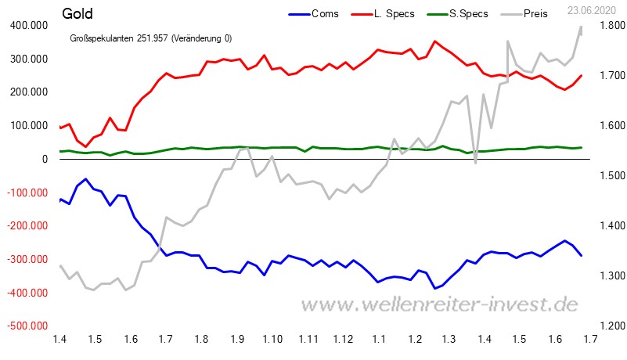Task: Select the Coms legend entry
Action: tap(325, 13)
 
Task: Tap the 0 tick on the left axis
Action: tap(45, 159)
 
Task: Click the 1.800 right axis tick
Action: tap(606, 26)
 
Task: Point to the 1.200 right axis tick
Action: tap(606, 326)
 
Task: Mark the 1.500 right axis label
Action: tap(606, 176)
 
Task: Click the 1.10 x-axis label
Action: tap(272, 338)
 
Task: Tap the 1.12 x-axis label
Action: tap(344, 338)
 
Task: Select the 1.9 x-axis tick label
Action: tap(237, 338)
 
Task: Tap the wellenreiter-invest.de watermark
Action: tap(440, 304)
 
